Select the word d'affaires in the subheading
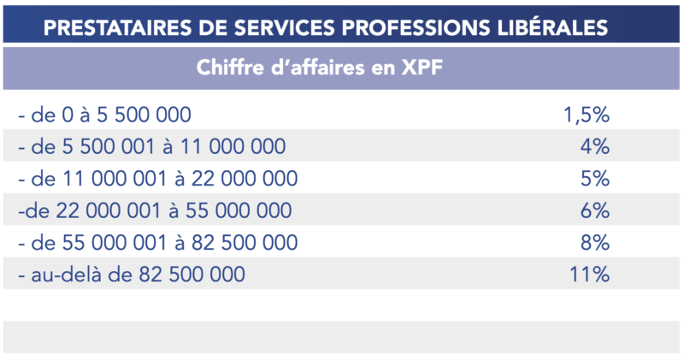(x=321, y=68)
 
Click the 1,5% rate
(x=587, y=115)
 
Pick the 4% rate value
(x=594, y=147)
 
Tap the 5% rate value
(x=594, y=179)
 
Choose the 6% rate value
(x=594, y=210)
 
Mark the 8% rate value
(x=594, y=242)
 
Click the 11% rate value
(x=589, y=274)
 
